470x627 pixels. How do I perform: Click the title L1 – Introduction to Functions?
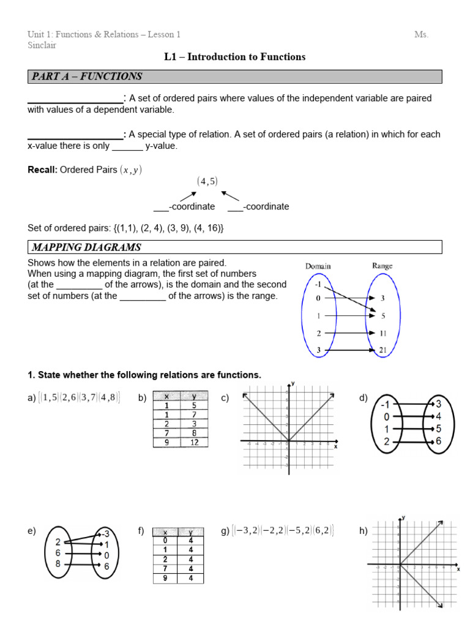pyautogui.click(x=235, y=57)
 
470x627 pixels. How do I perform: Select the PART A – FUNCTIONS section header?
pyautogui.click(x=86, y=77)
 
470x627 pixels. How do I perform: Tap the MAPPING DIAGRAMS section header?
pyautogui.click(x=87, y=247)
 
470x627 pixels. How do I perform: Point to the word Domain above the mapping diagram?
pyautogui.click(x=318, y=266)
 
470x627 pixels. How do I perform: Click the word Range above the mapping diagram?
pyautogui.click(x=382, y=266)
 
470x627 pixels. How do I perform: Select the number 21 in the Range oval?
pyautogui.click(x=382, y=350)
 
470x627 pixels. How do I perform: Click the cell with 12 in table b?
pyautogui.click(x=194, y=442)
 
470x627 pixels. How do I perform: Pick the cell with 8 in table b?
pyautogui.click(x=194, y=433)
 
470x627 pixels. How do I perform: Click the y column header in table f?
pyautogui.click(x=191, y=532)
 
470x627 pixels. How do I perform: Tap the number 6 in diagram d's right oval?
pyautogui.click(x=438, y=441)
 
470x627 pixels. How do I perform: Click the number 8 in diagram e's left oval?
pyautogui.click(x=58, y=564)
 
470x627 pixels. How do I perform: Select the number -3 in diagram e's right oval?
pyautogui.click(x=105, y=533)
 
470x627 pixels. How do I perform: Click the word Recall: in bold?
pyautogui.click(x=42, y=170)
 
